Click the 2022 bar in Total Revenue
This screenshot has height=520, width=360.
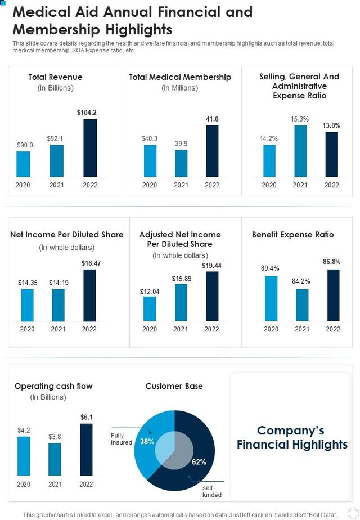tap(90, 148)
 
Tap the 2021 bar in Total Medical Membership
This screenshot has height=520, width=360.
tap(181, 163)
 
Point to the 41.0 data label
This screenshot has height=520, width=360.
tap(212, 119)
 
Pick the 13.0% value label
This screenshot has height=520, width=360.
tap(331, 125)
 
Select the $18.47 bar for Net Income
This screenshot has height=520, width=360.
tap(89, 295)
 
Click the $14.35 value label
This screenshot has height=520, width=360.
tap(27, 283)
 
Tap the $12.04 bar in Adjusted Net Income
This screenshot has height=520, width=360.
tap(150, 308)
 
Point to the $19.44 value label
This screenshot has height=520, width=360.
tap(211, 266)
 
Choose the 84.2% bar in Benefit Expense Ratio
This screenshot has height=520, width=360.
tap(302, 304)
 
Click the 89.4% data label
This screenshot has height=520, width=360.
tap(270, 268)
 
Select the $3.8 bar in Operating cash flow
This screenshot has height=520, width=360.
tap(55, 459)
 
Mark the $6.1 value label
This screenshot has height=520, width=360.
tap(86, 417)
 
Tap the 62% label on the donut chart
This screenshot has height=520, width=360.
tap(199, 462)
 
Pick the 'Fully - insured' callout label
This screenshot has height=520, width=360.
tap(121, 438)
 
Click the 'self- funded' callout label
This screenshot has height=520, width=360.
tap(212, 491)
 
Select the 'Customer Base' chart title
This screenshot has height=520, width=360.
tap(174, 386)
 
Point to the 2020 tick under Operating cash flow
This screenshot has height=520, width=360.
tap(24, 484)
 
